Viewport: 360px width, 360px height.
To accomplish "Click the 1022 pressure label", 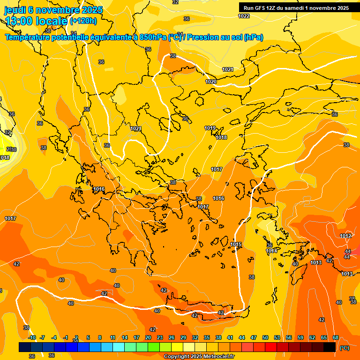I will tap(244, 16).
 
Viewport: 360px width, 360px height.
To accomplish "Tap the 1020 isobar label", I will tap(211, 82).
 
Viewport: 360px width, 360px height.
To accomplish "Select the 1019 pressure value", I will tap(210, 128).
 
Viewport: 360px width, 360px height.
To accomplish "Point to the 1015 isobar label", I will tap(236, 244).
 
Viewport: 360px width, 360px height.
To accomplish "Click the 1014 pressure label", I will tap(272, 251).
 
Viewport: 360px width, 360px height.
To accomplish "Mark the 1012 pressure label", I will tap(346, 236).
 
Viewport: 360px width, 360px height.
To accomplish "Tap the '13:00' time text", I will tap(19, 21).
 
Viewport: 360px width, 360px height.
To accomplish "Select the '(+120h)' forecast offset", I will tap(83, 21).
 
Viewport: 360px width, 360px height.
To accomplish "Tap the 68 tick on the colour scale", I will tap(336, 338).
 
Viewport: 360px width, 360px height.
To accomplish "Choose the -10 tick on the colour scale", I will tap(32, 338).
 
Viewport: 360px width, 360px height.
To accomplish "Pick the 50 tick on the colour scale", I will tap(265, 338).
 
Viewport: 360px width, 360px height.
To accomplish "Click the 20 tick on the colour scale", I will tap(148, 338).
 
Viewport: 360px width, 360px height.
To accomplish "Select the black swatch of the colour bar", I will tap(330, 347).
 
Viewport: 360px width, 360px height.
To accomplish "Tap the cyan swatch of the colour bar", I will tap(119, 347).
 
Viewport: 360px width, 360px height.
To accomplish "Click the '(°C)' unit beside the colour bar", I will tap(345, 347).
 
